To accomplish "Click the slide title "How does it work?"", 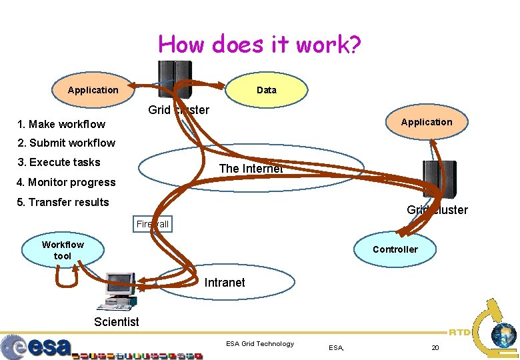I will tap(260, 45).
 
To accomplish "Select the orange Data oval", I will tap(267, 90).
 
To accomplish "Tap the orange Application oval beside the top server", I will tap(93, 90).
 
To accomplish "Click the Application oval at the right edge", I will tap(426, 122).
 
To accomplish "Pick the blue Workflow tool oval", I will tap(63, 250).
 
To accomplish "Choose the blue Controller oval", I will tap(395, 249).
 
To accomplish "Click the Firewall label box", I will tap(153, 224).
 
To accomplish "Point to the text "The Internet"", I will tap(251, 169).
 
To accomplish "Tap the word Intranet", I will tap(225, 283).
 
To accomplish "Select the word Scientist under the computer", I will tap(117, 322).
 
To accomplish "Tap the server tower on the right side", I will tap(439, 180).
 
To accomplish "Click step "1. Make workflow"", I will tap(61, 124).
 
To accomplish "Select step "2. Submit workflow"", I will tap(67, 143).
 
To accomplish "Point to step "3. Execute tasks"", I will tap(59, 162).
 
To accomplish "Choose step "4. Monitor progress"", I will tap(67, 182).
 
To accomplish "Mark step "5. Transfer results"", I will tap(63, 202).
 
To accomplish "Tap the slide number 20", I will tap(435, 347).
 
